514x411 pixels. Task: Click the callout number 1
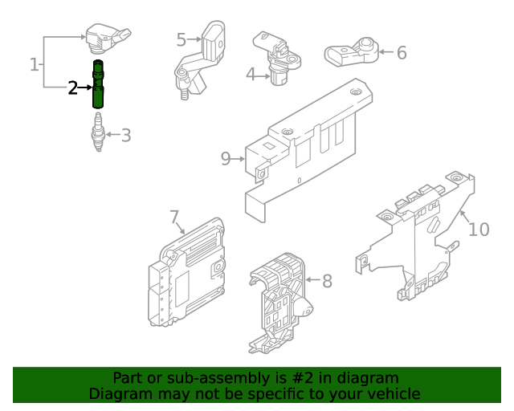(x=35, y=63)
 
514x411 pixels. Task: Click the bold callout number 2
(x=73, y=87)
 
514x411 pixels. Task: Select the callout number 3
(x=125, y=135)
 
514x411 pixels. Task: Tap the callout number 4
(x=251, y=75)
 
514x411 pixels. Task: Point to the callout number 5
(x=181, y=39)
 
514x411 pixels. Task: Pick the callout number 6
(x=402, y=53)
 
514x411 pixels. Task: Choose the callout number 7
(x=174, y=217)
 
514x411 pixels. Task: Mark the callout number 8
(x=327, y=281)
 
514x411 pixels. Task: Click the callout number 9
(x=226, y=159)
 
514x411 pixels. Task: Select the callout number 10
(x=478, y=230)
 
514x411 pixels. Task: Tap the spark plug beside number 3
(x=97, y=132)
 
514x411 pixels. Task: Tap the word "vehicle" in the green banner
(x=393, y=394)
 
